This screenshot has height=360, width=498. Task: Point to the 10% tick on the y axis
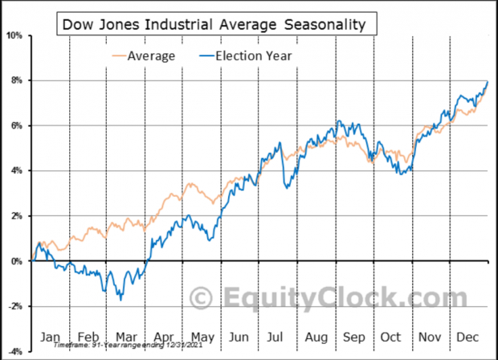click(14, 35)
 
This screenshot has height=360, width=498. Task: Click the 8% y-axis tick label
click(16, 80)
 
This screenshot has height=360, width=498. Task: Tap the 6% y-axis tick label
click(16, 125)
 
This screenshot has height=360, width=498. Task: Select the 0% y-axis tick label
click(16, 261)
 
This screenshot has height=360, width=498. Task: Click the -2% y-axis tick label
click(14, 306)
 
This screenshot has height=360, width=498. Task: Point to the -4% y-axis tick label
click(14, 351)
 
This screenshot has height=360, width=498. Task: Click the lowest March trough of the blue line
click(120, 299)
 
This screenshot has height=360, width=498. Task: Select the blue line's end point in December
click(488, 82)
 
